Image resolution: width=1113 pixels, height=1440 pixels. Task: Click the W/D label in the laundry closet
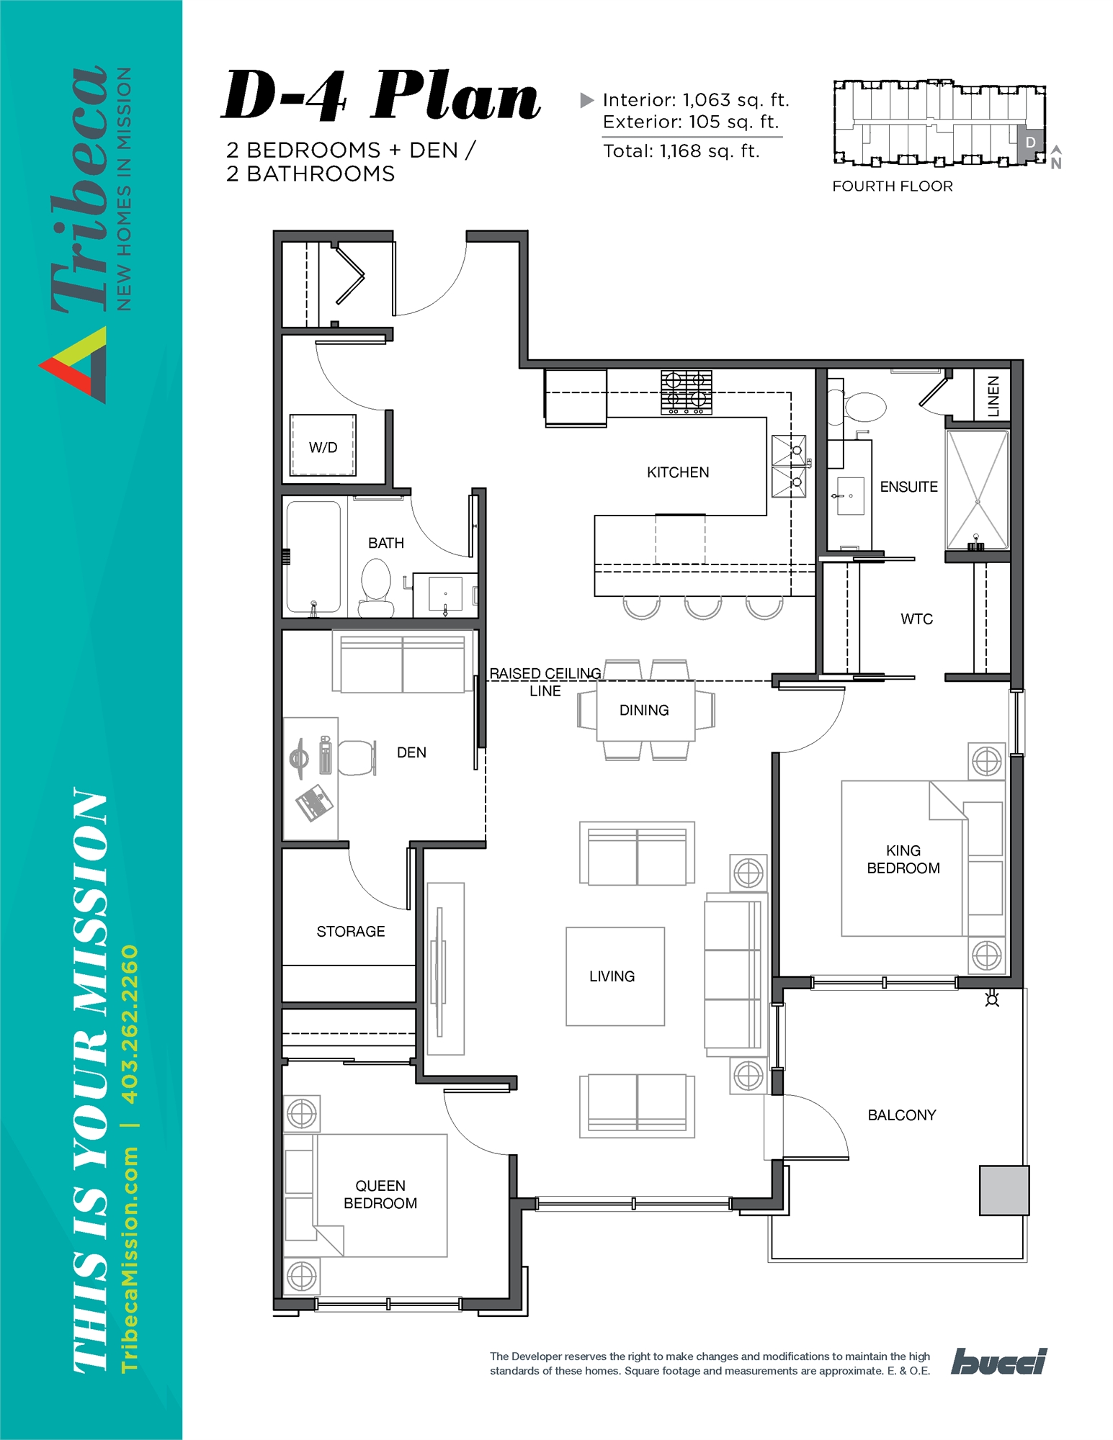(x=323, y=448)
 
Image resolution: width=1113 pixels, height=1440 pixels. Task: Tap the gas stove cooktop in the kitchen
(x=686, y=392)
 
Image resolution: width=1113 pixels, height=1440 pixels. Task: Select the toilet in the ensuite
(x=864, y=407)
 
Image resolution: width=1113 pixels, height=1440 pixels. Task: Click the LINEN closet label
(x=993, y=395)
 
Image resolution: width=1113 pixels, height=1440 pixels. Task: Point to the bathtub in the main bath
(x=313, y=557)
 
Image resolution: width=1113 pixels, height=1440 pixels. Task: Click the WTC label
(x=916, y=619)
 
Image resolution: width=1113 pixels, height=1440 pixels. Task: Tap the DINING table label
(x=644, y=711)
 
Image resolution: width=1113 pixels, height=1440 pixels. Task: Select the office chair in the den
(x=356, y=757)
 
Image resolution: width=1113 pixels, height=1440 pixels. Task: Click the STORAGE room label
(x=351, y=932)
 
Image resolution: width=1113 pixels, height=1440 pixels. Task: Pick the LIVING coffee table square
(x=614, y=976)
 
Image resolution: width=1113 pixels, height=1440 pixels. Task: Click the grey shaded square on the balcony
(x=1004, y=1190)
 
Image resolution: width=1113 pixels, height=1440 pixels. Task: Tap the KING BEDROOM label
(x=903, y=860)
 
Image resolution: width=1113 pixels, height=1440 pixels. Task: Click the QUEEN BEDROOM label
(x=380, y=1194)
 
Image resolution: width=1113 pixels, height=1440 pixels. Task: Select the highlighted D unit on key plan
(x=1030, y=142)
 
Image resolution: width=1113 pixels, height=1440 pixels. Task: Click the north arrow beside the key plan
(x=1056, y=157)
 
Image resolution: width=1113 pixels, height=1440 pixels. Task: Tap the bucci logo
(x=998, y=1361)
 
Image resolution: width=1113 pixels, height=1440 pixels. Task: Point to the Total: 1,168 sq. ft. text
(x=681, y=151)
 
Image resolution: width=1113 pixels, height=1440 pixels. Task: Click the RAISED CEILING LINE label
(x=545, y=682)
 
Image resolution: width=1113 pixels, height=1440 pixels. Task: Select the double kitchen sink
(x=788, y=467)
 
